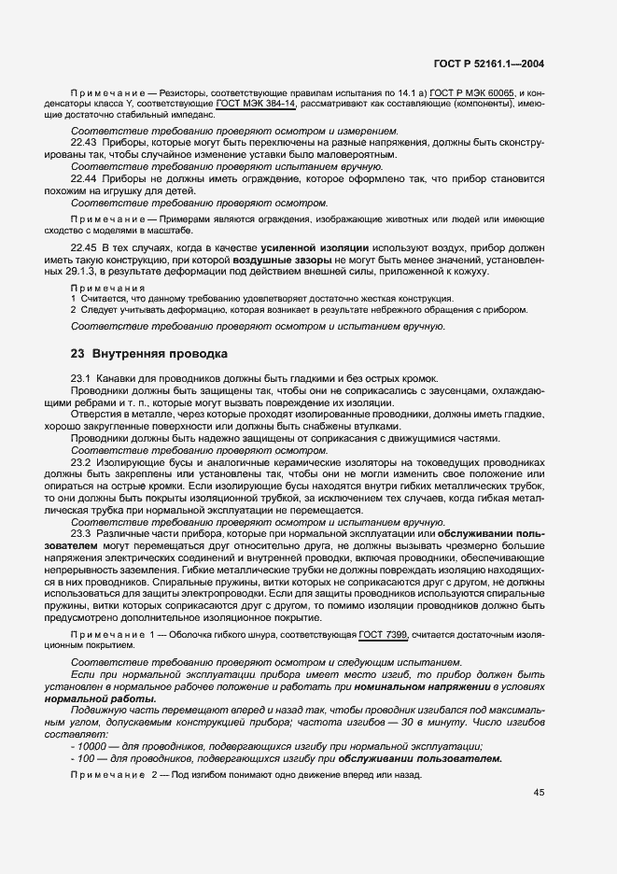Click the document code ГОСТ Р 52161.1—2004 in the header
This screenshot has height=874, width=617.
point(488,64)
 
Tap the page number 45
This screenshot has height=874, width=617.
point(539,794)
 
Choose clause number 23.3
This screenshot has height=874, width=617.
point(81,532)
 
